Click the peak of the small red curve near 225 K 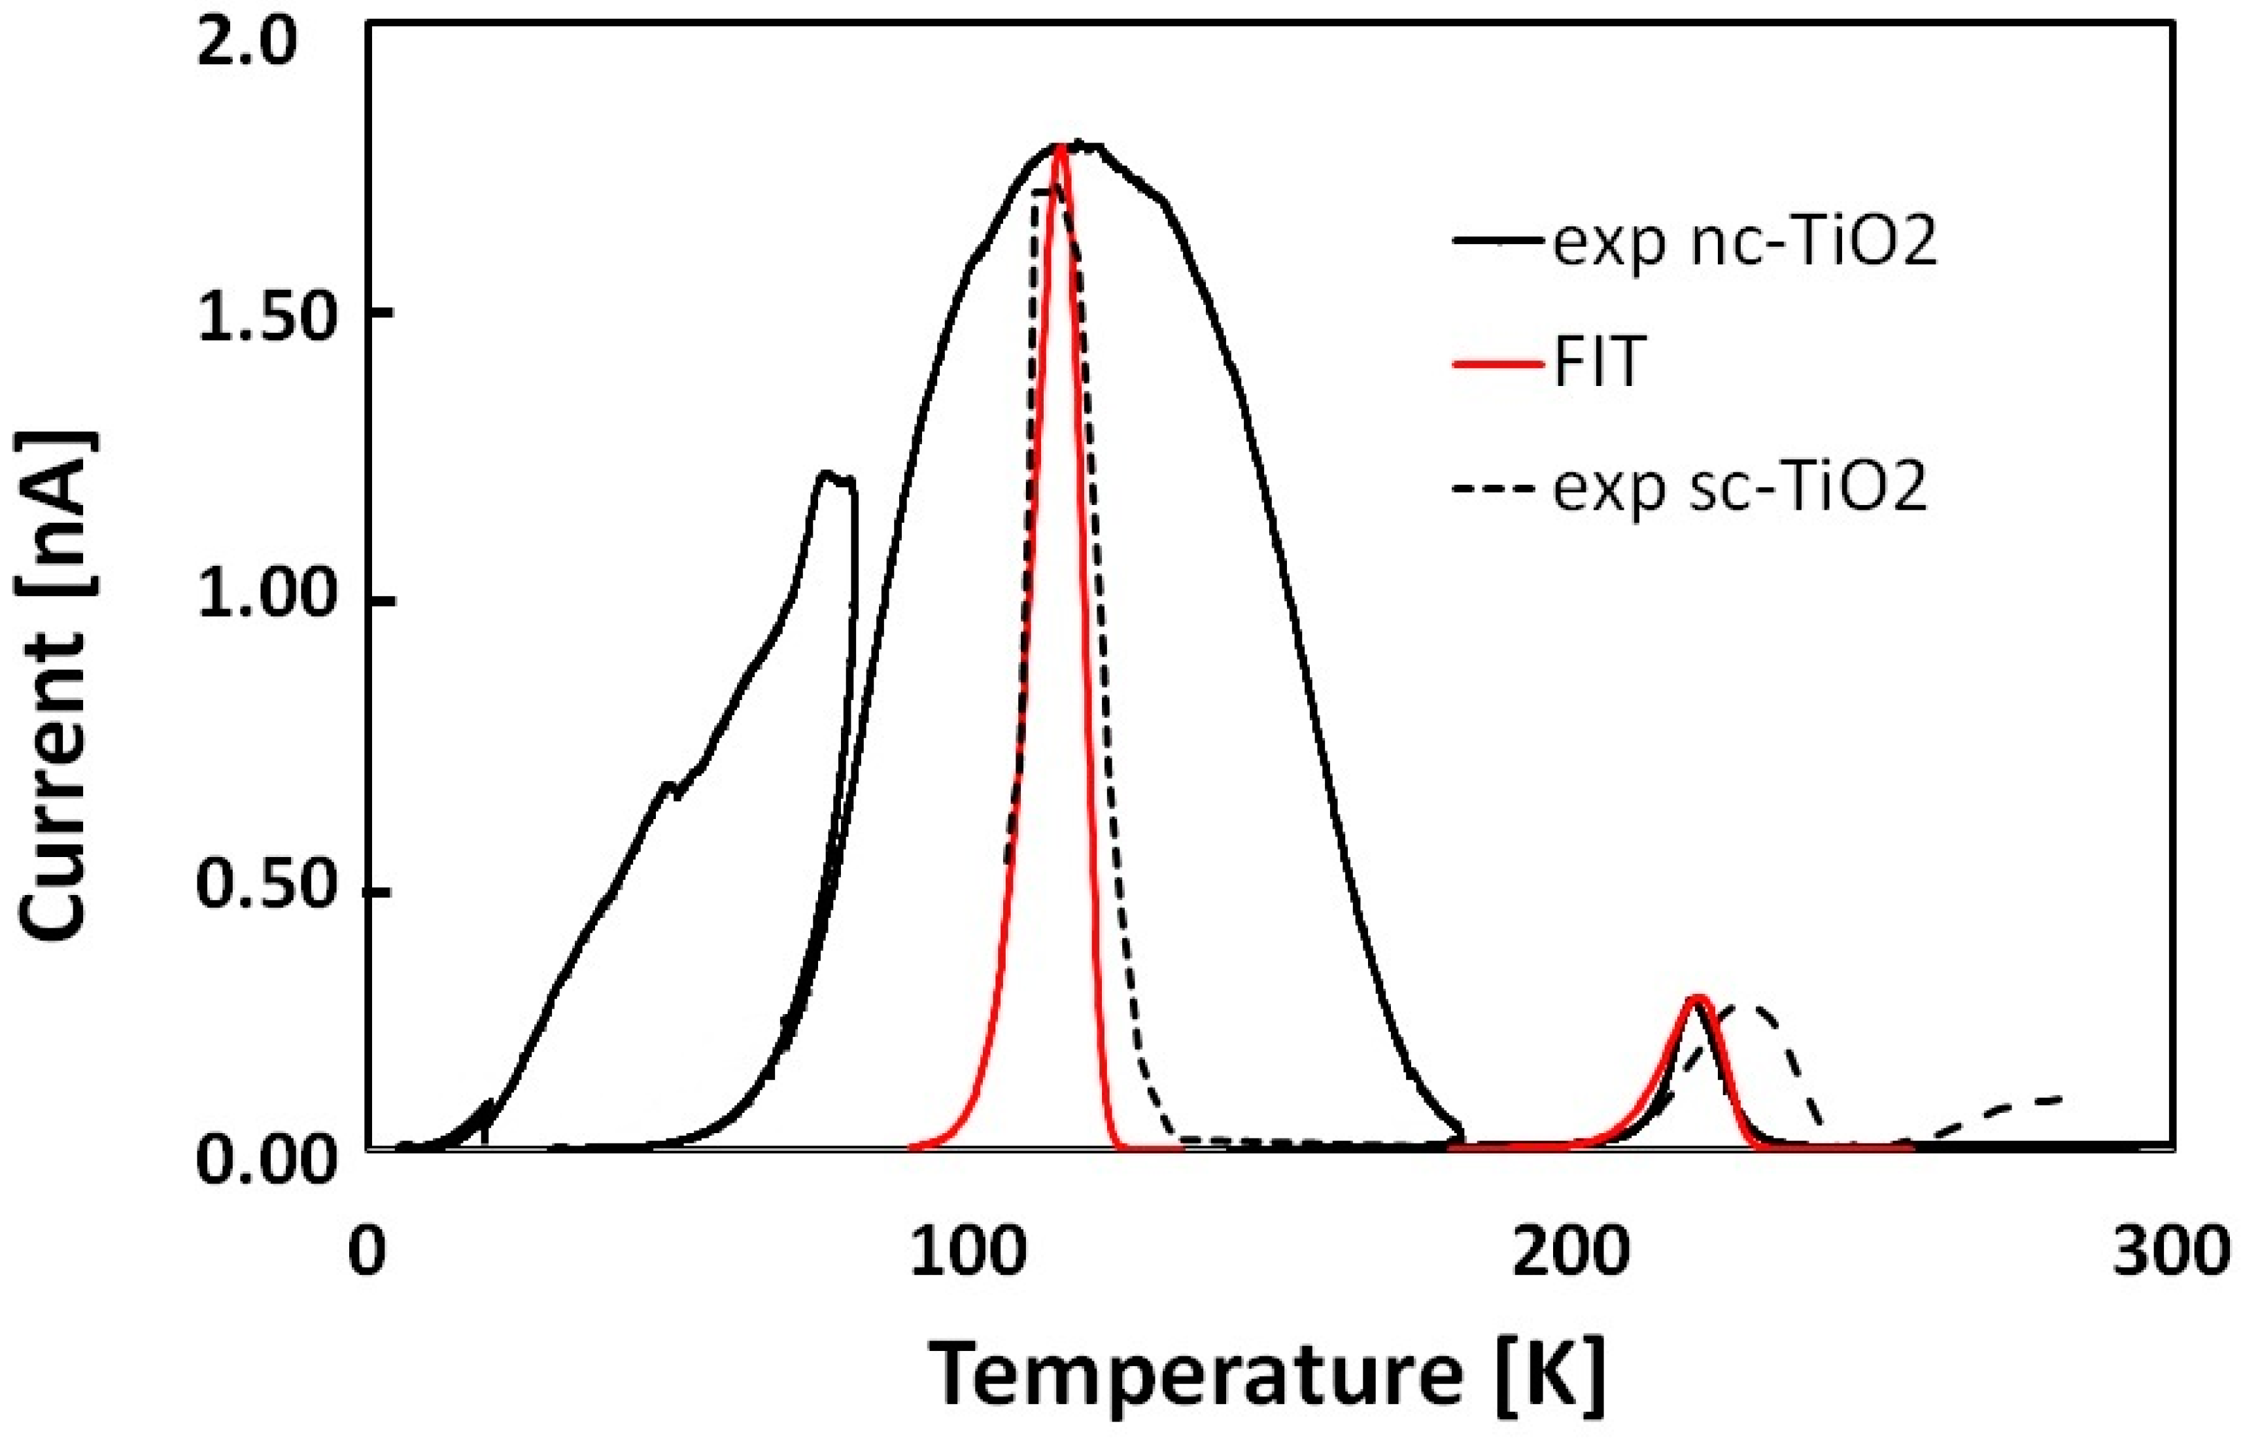1698,999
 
